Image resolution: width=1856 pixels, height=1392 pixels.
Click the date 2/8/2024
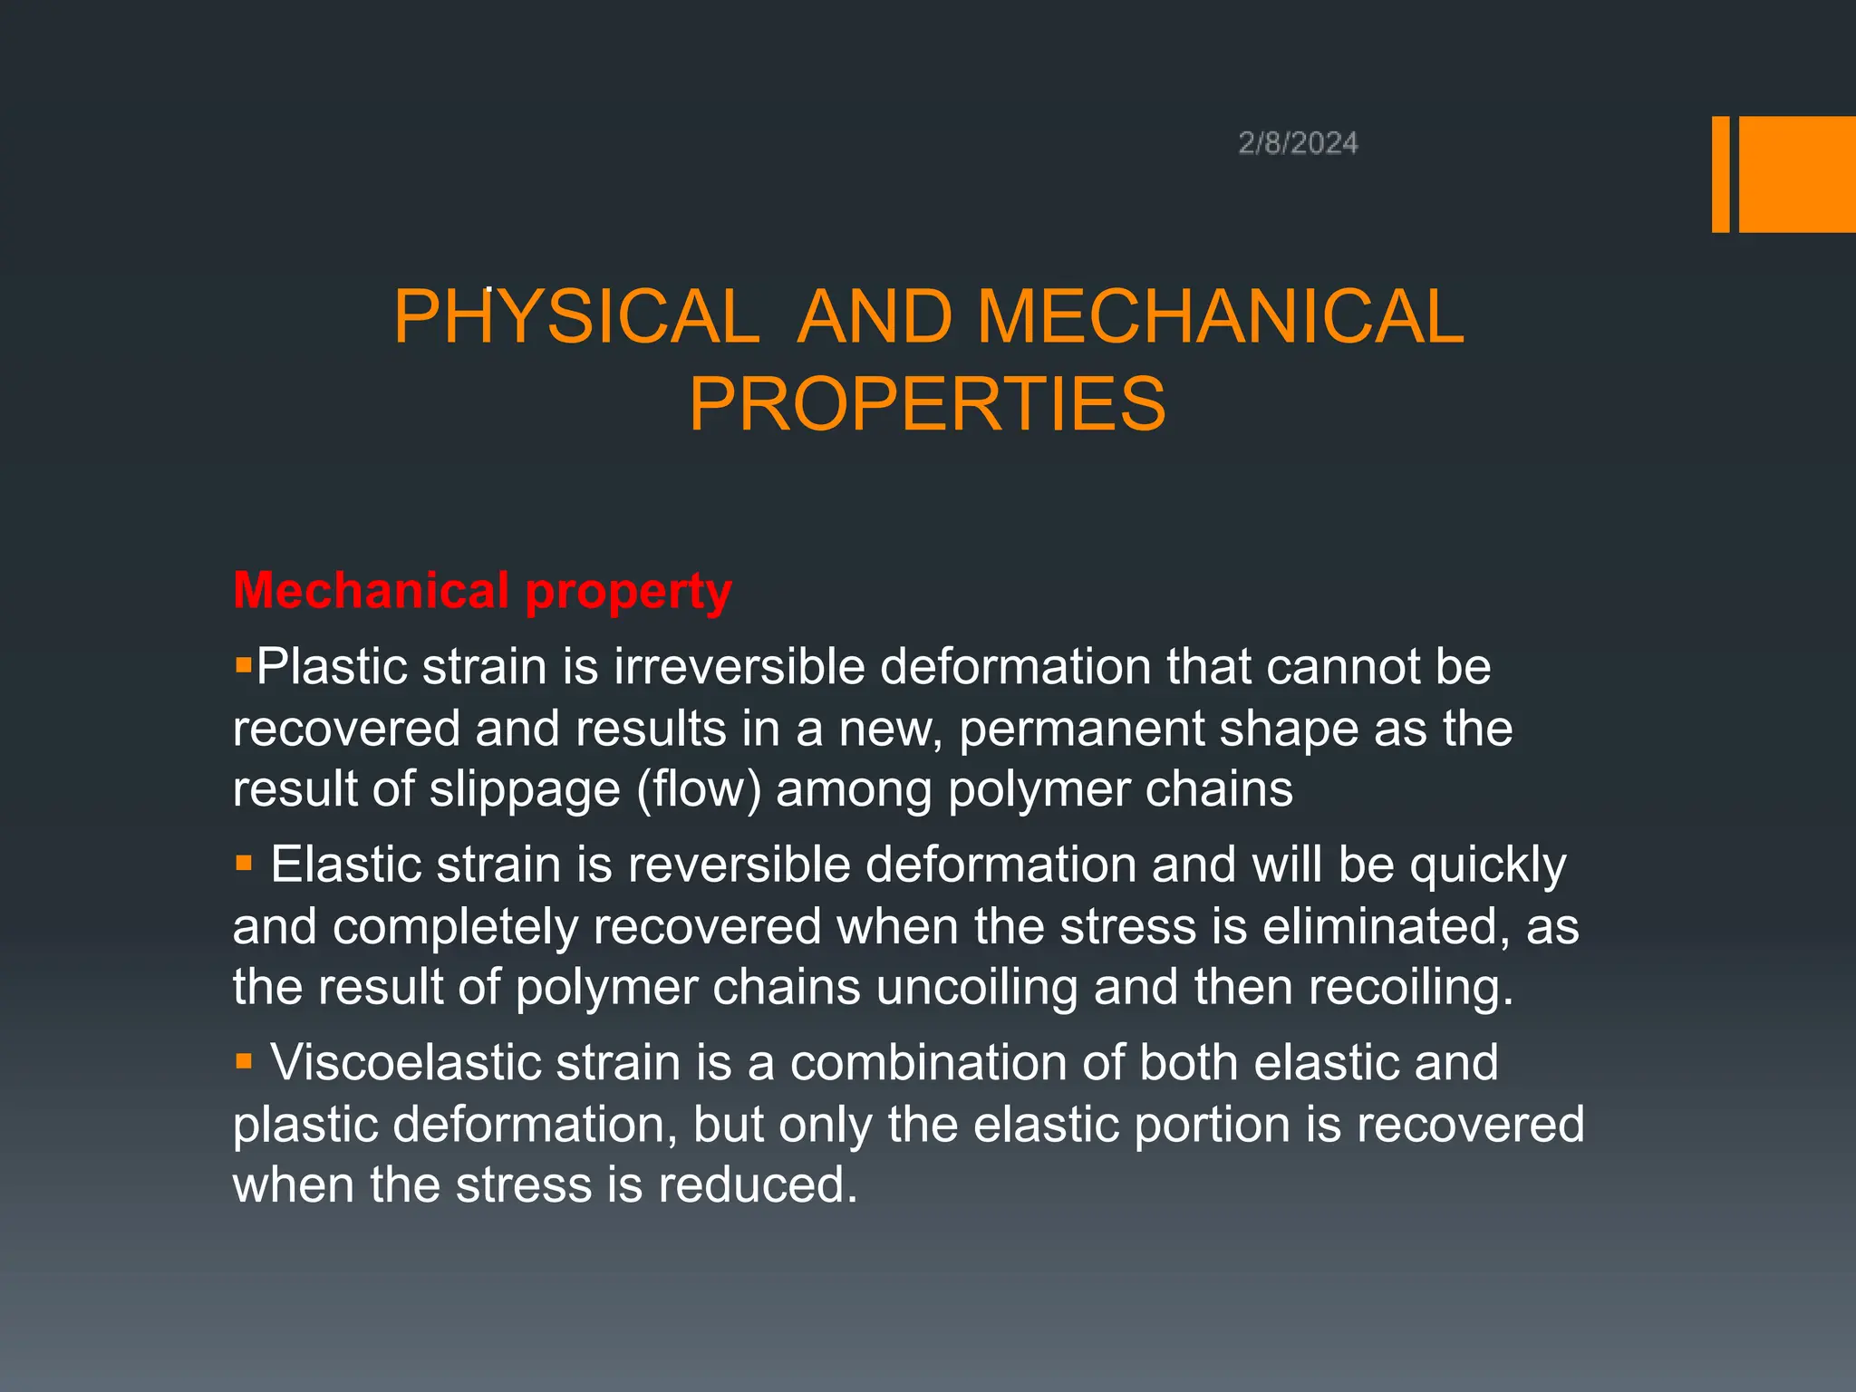point(1298,143)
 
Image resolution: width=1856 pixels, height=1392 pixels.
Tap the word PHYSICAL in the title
point(576,316)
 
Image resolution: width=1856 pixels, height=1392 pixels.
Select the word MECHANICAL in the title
point(1220,316)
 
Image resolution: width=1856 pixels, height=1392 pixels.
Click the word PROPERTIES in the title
point(927,404)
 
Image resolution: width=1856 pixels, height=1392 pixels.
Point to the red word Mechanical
point(371,590)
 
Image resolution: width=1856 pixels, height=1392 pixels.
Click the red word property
point(628,594)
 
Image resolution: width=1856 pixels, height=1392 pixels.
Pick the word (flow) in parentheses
point(699,789)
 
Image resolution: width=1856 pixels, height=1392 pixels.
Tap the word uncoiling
point(977,988)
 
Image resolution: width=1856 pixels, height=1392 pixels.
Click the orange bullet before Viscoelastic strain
point(243,1060)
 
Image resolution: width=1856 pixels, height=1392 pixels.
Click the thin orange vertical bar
point(1720,174)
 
